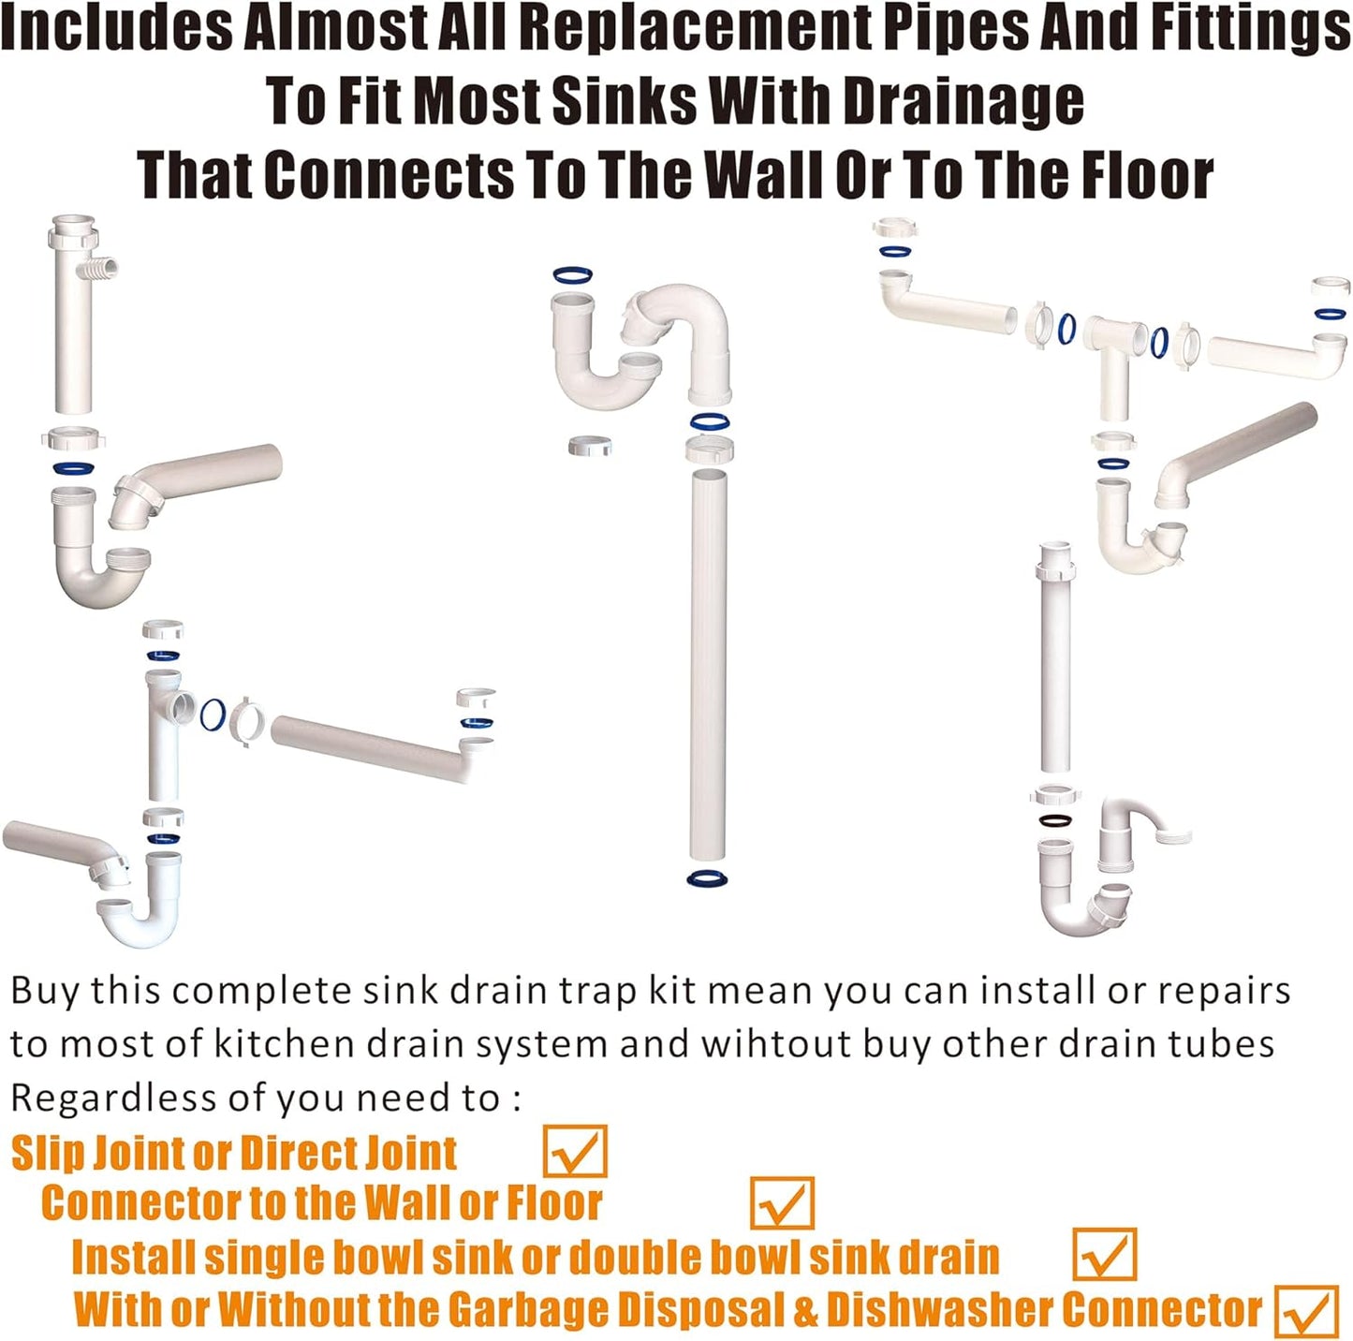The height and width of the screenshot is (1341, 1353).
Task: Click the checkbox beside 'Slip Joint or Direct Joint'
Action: click(575, 1152)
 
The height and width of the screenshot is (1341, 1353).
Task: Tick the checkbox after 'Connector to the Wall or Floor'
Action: click(782, 1203)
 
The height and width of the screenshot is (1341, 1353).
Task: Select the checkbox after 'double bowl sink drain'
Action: click(1105, 1255)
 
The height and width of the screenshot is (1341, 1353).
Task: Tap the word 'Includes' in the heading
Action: click(116, 28)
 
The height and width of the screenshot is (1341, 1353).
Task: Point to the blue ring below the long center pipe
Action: click(707, 878)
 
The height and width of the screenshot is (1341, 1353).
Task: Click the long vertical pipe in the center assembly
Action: click(707, 665)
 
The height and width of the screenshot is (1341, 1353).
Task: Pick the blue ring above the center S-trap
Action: click(572, 275)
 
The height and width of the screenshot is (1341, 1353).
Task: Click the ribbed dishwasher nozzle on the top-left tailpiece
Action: click(105, 270)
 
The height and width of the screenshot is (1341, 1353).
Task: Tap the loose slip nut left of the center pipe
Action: click(590, 445)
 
